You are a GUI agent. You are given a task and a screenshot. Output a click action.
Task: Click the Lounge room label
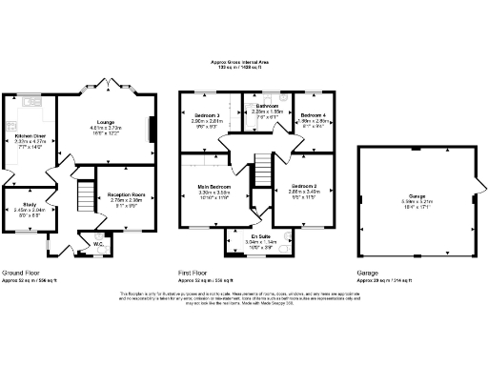(x=107, y=121)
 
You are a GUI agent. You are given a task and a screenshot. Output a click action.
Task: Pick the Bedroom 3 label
(x=200, y=115)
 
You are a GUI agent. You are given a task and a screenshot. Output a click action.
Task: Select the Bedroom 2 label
(x=304, y=186)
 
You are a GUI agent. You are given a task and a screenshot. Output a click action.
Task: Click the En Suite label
(x=259, y=235)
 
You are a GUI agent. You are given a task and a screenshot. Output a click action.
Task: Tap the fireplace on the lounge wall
(x=150, y=129)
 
